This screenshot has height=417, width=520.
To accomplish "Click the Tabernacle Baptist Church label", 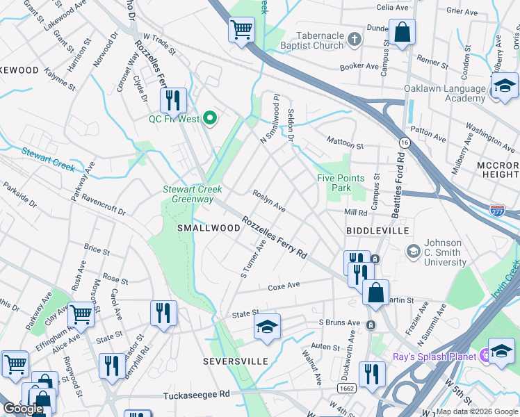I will [320, 40].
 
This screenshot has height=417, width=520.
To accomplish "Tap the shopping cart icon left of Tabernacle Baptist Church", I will [241, 30].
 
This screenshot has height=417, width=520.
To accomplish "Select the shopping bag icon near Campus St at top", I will [402, 33].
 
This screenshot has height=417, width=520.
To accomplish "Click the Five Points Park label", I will [341, 183].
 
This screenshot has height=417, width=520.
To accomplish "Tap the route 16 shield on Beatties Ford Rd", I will [403, 142].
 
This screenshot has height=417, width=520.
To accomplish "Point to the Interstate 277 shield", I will [497, 209].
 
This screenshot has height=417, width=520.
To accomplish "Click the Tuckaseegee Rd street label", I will [196, 395].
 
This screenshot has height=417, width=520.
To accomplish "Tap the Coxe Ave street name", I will [284, 286].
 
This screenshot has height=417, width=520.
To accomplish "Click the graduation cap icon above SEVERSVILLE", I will [267, 327].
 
